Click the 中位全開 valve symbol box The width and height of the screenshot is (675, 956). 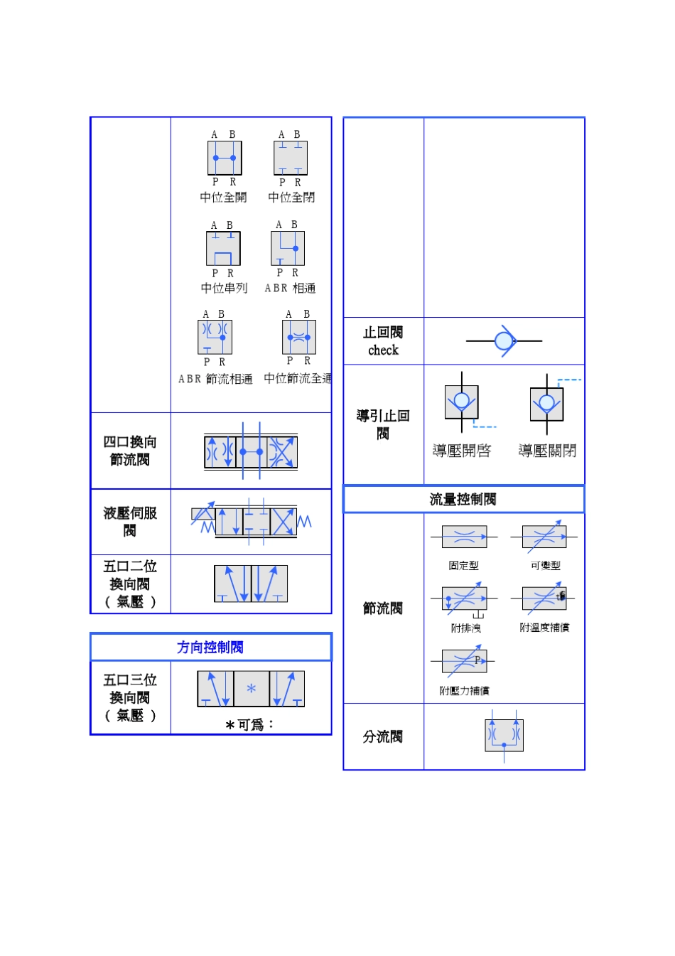coord(225,158)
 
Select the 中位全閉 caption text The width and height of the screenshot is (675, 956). coord(291,198)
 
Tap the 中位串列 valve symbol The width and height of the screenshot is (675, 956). coord(223,249)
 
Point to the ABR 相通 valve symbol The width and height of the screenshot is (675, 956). coord(288,249)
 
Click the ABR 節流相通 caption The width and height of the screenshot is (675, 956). coord(215,380)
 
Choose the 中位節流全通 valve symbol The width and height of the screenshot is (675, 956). coord(299,338)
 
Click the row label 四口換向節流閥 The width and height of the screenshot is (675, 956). coord(130,451)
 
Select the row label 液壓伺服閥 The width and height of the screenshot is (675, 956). coord(130,521)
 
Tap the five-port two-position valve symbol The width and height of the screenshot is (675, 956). coord(251,584)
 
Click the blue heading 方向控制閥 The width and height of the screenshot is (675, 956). coord(210,647)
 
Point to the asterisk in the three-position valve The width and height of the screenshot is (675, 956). coord(251,688)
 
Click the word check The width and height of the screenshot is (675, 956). coord(383,350)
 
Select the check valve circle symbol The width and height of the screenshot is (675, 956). coord(504,341)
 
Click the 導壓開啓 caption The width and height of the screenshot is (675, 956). coord(462,451)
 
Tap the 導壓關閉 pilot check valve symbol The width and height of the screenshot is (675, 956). coord(546,404)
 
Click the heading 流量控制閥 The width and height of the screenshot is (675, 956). coord(463,499)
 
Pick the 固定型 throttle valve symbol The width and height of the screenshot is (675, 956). coord(464,537)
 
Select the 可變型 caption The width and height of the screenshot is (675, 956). coord(546,566)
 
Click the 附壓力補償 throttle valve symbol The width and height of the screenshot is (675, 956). coord(464,661)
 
